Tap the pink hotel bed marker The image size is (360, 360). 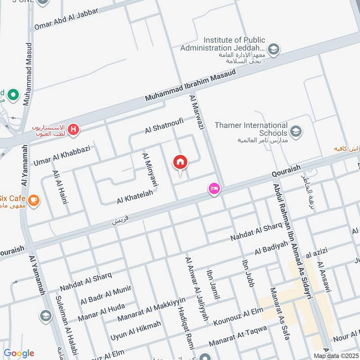[214, 189]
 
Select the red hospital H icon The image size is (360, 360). [74, 130]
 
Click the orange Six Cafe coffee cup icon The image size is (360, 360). [33, 199]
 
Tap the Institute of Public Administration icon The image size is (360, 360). [273, 48]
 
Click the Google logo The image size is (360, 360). [19, 353]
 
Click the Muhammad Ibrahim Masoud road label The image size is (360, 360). [191, 85]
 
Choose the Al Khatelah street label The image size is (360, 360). [135, 196]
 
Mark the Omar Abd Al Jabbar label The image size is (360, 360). [66, 19]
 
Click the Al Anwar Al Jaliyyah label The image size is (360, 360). [197, 288]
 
